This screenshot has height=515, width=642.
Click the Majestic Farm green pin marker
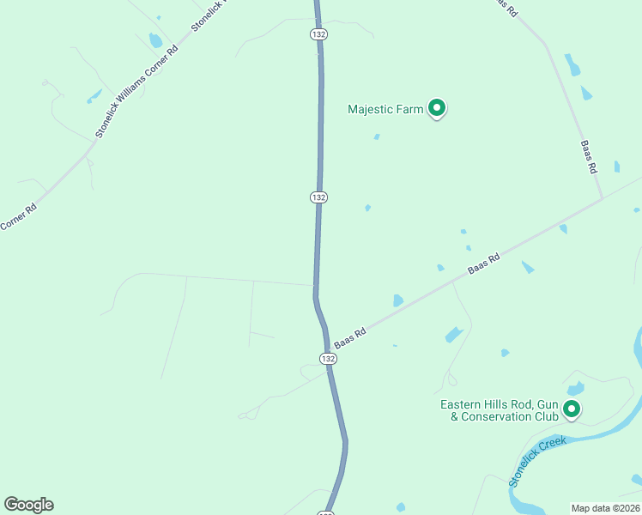pos(437,108)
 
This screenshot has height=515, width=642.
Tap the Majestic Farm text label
pos(385,109)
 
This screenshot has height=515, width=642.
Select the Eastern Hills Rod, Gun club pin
pos(571,410)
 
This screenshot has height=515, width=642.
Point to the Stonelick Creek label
pos(538,461)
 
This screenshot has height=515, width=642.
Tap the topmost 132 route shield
pos(318,33)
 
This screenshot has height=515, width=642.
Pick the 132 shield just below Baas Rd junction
pos(328,358)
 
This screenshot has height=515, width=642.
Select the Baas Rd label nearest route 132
pos(350,336)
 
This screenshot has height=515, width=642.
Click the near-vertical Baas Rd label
pos(588,157)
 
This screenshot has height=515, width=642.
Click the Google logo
pos(28,505)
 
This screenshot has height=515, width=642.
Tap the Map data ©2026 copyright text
pos(605,508)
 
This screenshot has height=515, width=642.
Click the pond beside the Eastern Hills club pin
pos(576,389)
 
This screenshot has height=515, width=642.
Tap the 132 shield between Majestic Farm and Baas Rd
pos(318,197)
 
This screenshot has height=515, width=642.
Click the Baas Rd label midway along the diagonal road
pos(483,264)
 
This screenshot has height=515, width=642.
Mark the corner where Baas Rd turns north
pos(601,198)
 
